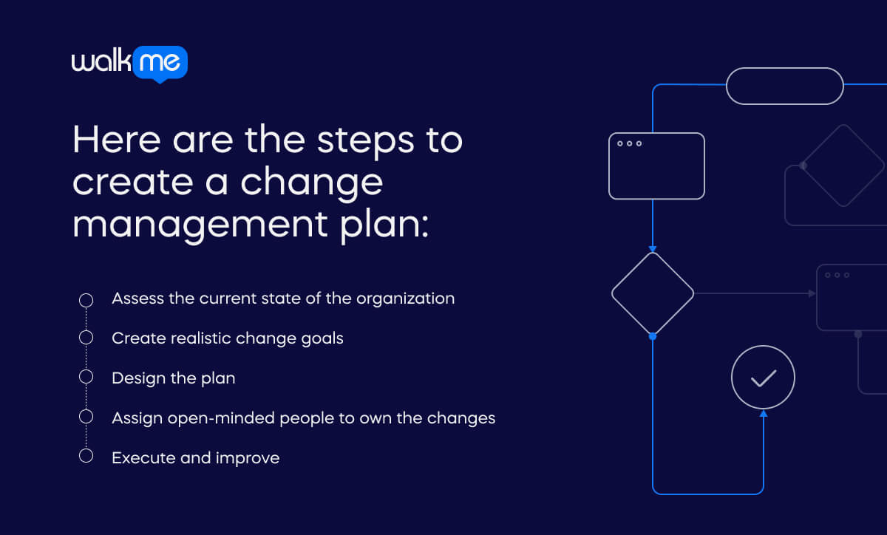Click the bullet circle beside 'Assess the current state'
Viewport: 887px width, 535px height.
pyautogui.click(x=86, y=299)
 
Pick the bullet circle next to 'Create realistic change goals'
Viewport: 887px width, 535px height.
pyautogui.click(x=86, y=338)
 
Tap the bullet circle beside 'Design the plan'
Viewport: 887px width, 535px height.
pyautogui.click(x=86, y=378)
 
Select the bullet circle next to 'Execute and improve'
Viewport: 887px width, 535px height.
pyautogui.click(x=86, y=457)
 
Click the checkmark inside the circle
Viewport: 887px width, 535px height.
pyautogui.click(x=763, y=378)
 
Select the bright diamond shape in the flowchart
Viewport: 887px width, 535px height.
pyautogui.click(x=653, y=293)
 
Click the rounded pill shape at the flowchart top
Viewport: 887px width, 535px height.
pyautogui.click(x=784, y=86)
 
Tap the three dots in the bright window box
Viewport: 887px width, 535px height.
pyautogui.click(x=629, y=143)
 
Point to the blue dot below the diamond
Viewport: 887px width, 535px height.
pyautogui.click(x=653, y=336)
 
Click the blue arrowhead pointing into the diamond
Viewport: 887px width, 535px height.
pyautogui.click(x=653, y=248)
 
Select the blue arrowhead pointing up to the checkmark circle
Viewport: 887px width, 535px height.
pyautogui.click(x=763, y=414)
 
